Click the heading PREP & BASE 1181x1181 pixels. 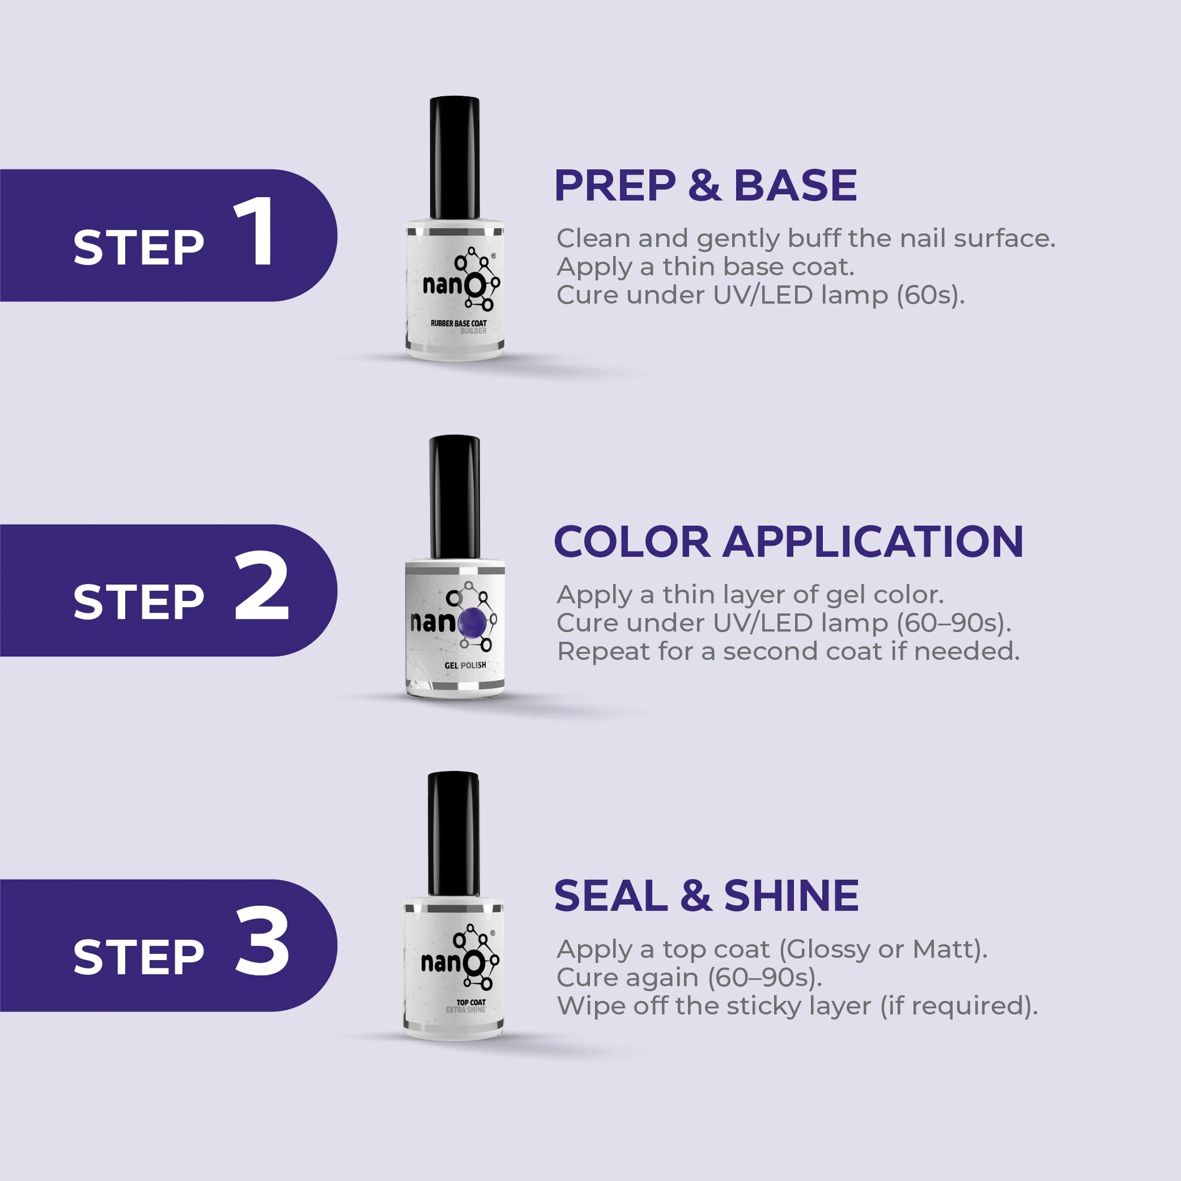click(x=705, y=185)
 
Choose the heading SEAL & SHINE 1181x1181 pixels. click(x=706, y=896)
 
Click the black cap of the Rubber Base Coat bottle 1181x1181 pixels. click(x=455, y=157)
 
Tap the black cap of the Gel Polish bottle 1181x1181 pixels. click(x=455, y=497)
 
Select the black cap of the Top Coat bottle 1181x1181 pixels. click(x=453, y=834)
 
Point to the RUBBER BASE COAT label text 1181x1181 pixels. click(x=459, y=323)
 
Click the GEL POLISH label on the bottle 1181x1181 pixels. click(x=466, y=665)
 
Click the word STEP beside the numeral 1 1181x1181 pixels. click(x=138, y=247)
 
